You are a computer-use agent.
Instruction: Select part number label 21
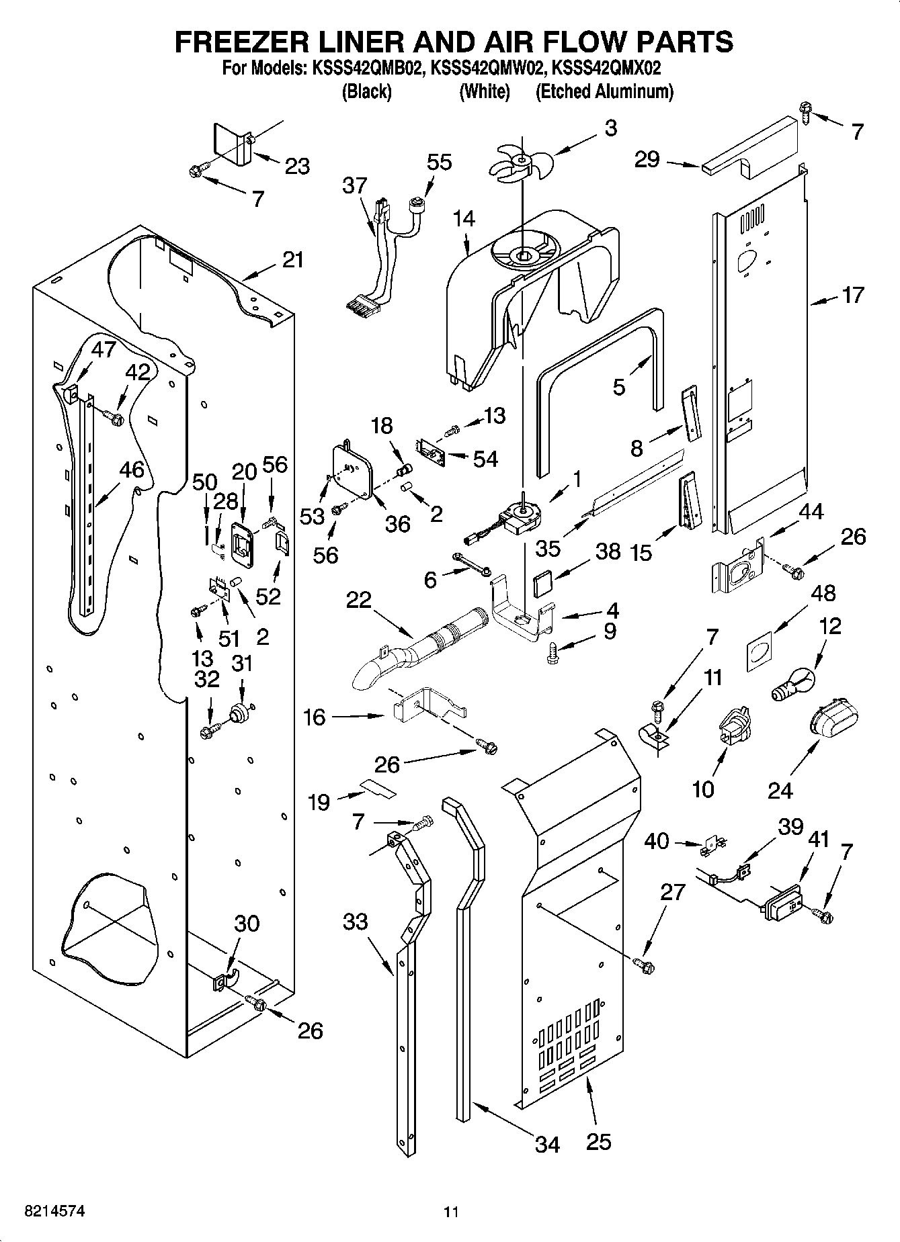[x=292, y=260]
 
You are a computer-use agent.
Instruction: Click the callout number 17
[x=852, y=295]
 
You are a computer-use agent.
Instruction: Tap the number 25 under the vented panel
[x=598, y=1141]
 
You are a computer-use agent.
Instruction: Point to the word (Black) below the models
[x=366, y=91]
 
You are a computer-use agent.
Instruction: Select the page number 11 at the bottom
[x=450, y=1212]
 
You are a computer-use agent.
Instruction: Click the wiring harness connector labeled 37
[x=376, y=255]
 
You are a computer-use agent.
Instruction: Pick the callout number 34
[x=547, y=1143]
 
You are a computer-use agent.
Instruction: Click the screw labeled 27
[x=645, y=965]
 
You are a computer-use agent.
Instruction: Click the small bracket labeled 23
[x=233, y=144]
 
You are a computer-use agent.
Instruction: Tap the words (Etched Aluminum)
[x=604, y=91]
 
